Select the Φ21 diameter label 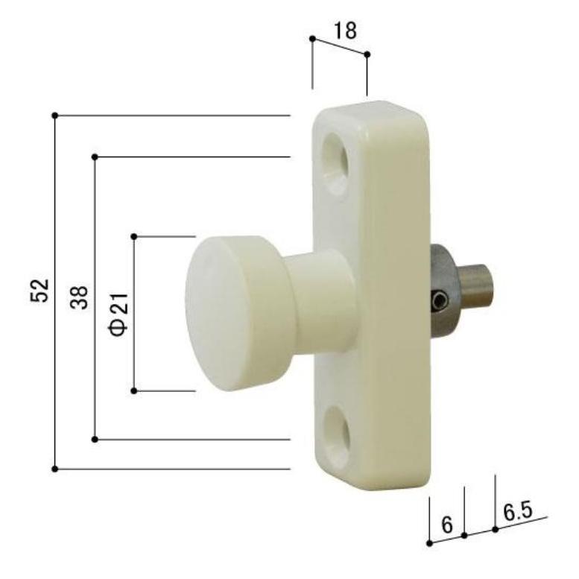(x=120, y=313)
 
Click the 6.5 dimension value (x=517, y=512)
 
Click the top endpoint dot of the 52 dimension (x=54, y=116)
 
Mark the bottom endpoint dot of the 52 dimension (x=54, y=469)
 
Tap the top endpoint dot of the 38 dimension (x=95, y=156)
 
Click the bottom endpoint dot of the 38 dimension (x=95, y=439)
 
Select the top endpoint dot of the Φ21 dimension (x=134, y=236)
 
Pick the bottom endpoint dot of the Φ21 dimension (x=134, y=390)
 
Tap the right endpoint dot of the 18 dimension (x=367, y=54)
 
